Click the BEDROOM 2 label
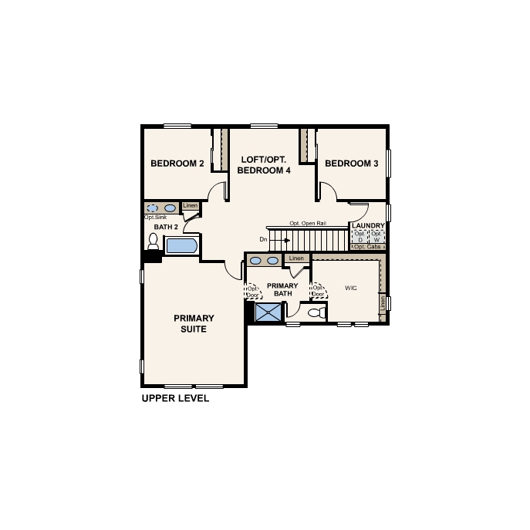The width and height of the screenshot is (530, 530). tap(177, 164)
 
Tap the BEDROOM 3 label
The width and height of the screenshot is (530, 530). tap(351, 164)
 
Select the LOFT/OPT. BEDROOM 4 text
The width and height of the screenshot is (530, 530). tap(264, 164)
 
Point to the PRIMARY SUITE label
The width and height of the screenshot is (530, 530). tap(194, 323)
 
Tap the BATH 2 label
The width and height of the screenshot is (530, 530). tap(166, 227)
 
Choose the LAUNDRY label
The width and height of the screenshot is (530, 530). tap(369, 226)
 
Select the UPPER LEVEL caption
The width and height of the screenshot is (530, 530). tap(175, 400)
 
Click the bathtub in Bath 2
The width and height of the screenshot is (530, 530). tap(182, 246)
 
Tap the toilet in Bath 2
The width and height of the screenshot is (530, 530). tap(153, 243)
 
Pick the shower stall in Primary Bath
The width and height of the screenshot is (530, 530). tap(268, 312)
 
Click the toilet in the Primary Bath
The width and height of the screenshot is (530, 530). tap(315, 312)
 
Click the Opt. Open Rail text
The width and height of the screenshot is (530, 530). tap(308, 223)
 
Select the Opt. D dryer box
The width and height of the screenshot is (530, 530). tap(360, 237)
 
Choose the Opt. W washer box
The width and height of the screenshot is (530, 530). tap(376, 237)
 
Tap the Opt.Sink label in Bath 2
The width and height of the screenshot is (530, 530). tap(155, 218)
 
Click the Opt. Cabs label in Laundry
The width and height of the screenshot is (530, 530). tap(368, 248)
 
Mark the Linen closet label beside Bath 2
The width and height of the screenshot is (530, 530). tap(190, 206)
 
